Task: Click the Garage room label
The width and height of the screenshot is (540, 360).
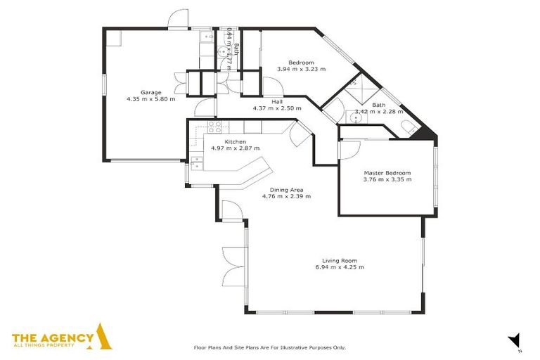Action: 150,92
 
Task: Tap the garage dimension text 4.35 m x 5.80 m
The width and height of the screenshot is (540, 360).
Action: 150,99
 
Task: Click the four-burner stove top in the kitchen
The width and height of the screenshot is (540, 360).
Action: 215,127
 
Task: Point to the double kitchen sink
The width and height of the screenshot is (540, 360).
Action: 198,163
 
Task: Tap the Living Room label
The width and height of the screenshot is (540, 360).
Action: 340,260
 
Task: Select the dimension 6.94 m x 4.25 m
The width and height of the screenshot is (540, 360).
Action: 340,267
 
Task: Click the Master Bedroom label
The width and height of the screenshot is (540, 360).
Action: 387,172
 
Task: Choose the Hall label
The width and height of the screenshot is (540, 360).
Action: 277,101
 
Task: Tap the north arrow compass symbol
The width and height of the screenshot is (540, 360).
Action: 515,340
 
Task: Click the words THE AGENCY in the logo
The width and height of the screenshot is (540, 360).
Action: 53,337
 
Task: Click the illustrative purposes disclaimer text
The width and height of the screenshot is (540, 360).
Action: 269,347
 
